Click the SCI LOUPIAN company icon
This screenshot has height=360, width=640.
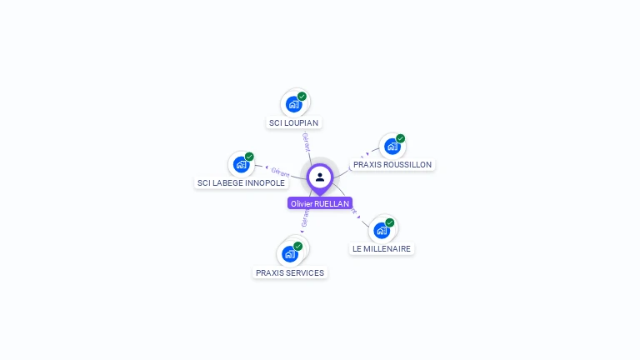292,104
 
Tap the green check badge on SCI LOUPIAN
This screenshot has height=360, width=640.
302,97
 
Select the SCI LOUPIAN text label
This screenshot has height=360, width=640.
293,122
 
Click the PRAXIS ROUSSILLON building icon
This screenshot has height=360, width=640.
391,147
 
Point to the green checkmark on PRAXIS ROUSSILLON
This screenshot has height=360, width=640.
400,138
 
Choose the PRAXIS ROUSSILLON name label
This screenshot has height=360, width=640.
392,165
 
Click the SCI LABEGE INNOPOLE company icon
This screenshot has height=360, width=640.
241,164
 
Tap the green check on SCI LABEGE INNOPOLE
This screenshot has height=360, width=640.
249,157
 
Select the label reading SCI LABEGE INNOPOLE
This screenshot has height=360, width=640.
241,182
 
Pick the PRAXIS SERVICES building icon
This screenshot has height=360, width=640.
290,253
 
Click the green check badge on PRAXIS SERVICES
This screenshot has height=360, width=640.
298,246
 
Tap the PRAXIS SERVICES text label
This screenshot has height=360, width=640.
290,272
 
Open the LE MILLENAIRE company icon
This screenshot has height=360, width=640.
381,230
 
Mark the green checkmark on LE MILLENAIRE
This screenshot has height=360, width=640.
389,222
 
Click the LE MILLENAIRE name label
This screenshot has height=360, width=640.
381,248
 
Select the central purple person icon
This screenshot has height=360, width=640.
320,177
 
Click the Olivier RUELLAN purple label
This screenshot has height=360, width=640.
320,203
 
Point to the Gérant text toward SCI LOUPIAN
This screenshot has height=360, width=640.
307,142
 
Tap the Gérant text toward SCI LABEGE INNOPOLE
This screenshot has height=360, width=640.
280,172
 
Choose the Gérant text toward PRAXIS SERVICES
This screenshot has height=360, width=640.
305,218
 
